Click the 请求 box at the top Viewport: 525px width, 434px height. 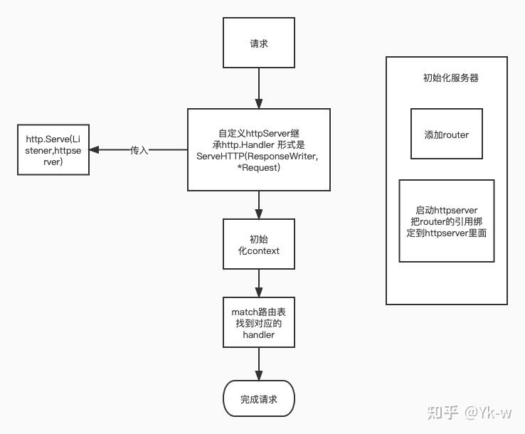tap(258, 43)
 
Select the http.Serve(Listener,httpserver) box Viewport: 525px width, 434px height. tap(53, 150)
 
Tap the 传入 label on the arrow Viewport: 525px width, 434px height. tap(139, 150)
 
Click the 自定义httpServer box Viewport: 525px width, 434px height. tap(258, 149)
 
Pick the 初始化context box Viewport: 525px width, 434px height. tap(258, 245)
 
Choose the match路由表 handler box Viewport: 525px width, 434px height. tap(258, 323)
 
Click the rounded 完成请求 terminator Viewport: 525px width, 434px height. tap(258, 399)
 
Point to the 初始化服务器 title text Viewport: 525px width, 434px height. tap(450, 78)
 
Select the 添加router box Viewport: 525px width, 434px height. tap(446, 134)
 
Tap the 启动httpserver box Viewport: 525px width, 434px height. tap(446, 221)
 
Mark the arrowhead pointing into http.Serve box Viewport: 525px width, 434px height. tap(94, 150)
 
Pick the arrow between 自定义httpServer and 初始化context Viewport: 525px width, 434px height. tap(258, 204)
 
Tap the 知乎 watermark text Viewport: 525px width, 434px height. tap(441, 412)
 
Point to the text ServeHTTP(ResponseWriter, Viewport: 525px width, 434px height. tap(258, 155)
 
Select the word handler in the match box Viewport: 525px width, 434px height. tap(258, 334)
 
